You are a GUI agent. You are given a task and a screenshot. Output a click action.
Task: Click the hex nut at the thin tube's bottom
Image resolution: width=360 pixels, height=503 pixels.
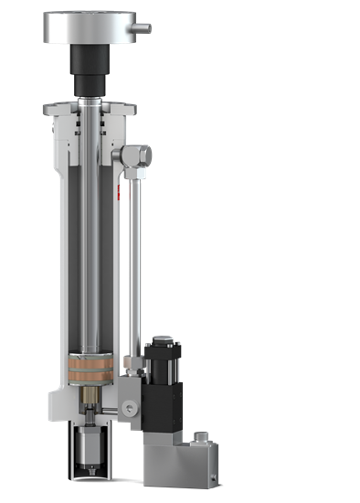point(135,367)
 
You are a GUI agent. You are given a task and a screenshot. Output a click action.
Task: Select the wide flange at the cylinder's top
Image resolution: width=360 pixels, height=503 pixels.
point(90,111)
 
